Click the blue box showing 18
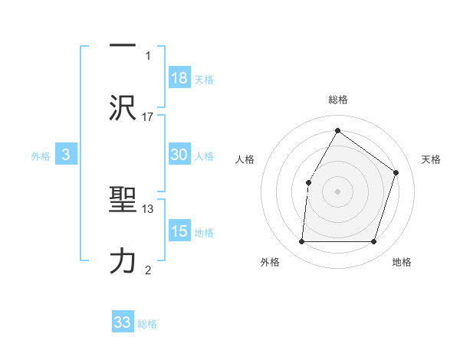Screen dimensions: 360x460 coord(179,78)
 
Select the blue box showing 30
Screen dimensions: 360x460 coord(179,155)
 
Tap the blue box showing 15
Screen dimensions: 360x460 coord(179,231)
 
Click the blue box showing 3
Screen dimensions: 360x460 coord(66,155)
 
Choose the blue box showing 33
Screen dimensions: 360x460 coord(123,322)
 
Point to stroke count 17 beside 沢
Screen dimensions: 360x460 coord(148,116)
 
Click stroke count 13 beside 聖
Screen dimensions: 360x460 coord(148,208)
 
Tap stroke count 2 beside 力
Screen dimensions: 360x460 coord(148,269)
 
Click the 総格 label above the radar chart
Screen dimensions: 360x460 coord(338,100)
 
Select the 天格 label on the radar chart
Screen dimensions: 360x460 coord(432,159)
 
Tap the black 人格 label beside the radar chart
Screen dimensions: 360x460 coord(245,159)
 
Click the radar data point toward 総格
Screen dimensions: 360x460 coord(337,130)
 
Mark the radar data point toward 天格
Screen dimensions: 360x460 coord(396,172)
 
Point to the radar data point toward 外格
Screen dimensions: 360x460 coord(301,242)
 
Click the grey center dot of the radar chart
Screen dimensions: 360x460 coord(337,191)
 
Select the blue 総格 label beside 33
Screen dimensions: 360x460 coord(147,324)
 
